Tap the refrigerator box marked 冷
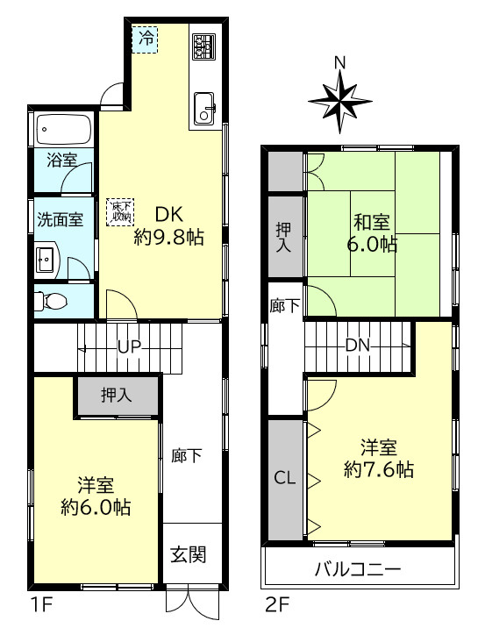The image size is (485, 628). coord(146,39)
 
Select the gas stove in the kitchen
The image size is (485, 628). coord(203,46)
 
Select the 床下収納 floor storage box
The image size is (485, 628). coord(120,211)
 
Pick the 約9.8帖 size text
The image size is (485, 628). coord(169,238)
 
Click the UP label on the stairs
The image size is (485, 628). coord(129,346)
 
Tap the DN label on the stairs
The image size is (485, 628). coord(357,344)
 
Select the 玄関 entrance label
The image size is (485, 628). coord(188,554)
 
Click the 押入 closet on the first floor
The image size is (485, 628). coord(117,395)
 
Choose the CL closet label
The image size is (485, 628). coord(284,478)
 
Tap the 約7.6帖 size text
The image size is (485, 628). coord(379,470)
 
